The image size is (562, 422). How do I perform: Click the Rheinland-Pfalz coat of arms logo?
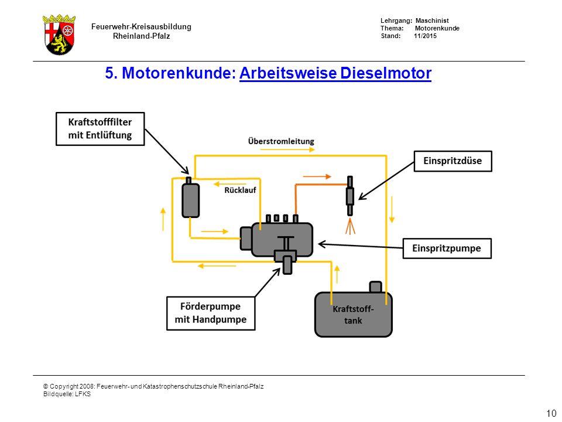[59, 35]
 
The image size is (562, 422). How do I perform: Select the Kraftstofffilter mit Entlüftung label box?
[100, 129]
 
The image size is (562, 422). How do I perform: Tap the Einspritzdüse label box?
[453, 161]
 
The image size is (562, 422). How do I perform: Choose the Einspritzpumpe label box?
[447, 249]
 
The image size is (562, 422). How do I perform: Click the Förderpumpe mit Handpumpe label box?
[211, 313]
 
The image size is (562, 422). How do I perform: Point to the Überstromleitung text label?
[281, 141]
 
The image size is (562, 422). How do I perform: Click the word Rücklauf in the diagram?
[240, 190]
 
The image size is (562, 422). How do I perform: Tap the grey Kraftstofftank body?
[354, 315]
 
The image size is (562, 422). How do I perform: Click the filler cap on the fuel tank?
[376, 287]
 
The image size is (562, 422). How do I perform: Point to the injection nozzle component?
[350, 196]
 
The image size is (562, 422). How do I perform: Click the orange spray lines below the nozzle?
[350, 226]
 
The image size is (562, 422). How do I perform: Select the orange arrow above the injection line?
[317, 176]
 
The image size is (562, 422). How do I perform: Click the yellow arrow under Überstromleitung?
[287, 149]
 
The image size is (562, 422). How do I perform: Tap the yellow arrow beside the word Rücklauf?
[225, 185]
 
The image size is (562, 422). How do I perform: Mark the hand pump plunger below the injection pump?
[287, 266]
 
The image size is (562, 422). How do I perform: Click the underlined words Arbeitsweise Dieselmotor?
[335, 73]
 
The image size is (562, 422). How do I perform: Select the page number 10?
[551, 413]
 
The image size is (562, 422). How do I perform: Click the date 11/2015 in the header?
[425, 36]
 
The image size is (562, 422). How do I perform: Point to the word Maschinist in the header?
[432, 21]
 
